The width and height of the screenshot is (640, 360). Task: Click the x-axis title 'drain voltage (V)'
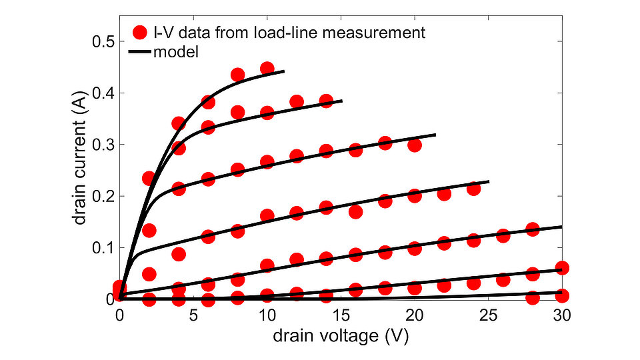coord(341,336)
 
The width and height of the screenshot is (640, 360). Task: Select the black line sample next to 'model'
coord(140,51)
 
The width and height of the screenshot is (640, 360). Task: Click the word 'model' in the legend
coord(176,51)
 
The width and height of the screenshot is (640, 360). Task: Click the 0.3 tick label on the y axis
coord(103,145)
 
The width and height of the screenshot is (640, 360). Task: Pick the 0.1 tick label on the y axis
coord(103,247)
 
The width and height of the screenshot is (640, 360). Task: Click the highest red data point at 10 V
coord(267,68)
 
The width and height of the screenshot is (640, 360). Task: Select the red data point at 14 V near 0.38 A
coord(326,101)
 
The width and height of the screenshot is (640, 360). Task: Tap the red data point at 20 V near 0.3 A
coord(415,145)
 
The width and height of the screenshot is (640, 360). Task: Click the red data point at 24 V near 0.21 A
coord(473,189)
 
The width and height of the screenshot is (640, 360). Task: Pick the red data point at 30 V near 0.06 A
coord(562,268)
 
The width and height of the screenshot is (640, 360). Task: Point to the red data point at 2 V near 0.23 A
coord(149,178)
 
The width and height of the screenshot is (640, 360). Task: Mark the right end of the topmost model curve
coord(284,71)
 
